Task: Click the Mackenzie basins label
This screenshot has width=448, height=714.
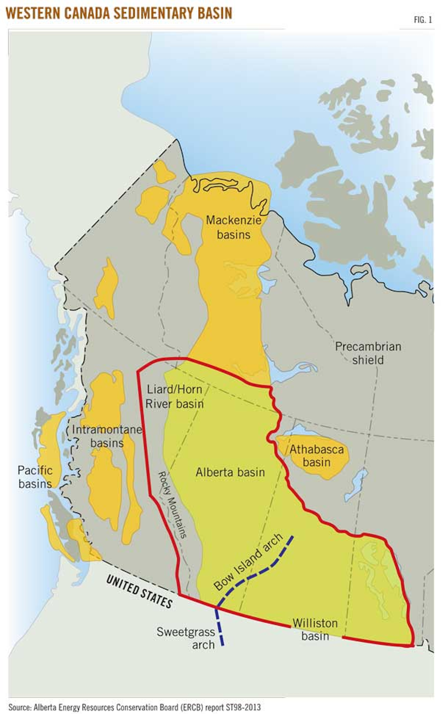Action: (234, 227)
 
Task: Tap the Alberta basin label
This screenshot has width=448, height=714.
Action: (230, 472)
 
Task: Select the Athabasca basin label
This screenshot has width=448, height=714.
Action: (316, 456)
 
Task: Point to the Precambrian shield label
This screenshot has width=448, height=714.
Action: (368, 353)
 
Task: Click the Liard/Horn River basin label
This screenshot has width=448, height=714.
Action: (175, 397)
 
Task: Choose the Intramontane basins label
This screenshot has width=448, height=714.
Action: (107, 436)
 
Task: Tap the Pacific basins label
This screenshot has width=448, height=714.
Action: (35, 477)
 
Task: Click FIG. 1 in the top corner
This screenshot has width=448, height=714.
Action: (422, 20)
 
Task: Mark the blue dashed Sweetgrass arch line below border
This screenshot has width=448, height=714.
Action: (220, 627)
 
